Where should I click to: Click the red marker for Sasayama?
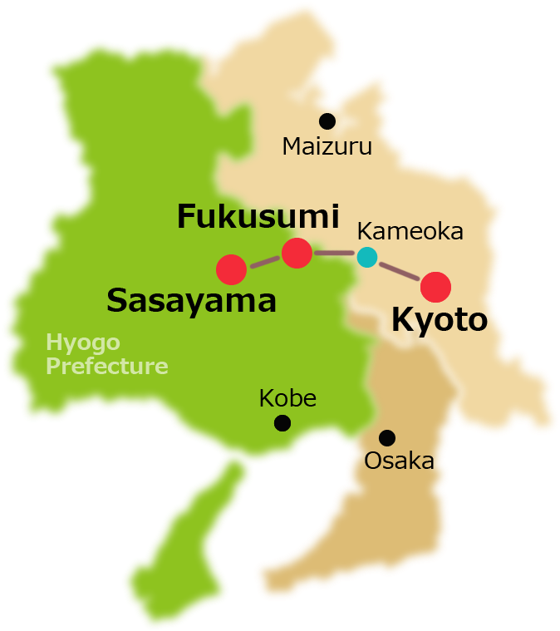click(231, 269)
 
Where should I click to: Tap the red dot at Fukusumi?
click(297, 253)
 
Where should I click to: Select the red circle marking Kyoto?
click(435, 286)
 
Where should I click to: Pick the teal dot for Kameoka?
click(366, 257)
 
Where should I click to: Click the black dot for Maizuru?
click(327, 121)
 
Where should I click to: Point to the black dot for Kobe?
click(282, 423)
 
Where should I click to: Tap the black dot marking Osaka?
click(386, 436)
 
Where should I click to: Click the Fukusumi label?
click(258, 217)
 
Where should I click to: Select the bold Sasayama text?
click(191, 301)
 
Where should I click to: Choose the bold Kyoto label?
click(439, 320)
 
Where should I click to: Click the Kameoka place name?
click(410, 231)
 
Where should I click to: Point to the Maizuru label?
click(327, 147)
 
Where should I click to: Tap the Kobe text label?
click(287, 398)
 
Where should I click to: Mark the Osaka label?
click(399, 461)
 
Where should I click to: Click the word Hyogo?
click(83, 343)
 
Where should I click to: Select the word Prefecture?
click(106, 366)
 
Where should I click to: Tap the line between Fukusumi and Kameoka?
click(335, 253)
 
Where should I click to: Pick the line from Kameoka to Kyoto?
click(399, 270)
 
